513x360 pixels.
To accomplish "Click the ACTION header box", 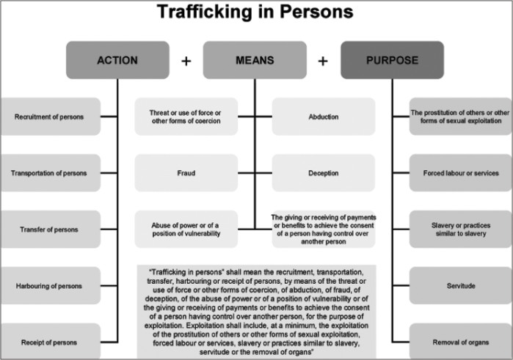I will (x=117, y=60).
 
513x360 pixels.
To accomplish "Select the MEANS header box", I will (x=254, y=60).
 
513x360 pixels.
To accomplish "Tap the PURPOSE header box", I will (x=392, y=60).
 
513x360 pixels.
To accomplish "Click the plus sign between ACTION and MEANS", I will (x=186, y=61).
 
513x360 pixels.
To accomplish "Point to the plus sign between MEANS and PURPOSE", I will (x=323, y=61).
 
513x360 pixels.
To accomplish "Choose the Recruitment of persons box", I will (x=49, y=117).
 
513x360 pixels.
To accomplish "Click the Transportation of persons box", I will (x=49, y=173).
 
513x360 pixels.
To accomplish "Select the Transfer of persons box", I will (x=49, y=229).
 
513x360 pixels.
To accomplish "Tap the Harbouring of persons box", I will (x=49, y=286).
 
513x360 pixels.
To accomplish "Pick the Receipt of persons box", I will (x=49, y=342).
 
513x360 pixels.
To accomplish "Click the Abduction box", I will (x=323, y=117).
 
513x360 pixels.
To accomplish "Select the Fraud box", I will (x=186, y=173).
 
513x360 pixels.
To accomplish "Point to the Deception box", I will (x=323, y=173).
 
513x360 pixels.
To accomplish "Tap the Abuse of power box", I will (x=186, y=229).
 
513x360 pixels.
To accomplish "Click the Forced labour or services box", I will (x=461, y=173).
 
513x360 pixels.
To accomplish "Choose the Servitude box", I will (x=461, y=286).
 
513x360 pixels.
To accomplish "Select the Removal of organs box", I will (x=461, y=342).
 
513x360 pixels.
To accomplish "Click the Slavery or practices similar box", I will (x=461, y=229).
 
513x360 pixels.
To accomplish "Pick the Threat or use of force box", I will (x=186, y=117).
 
